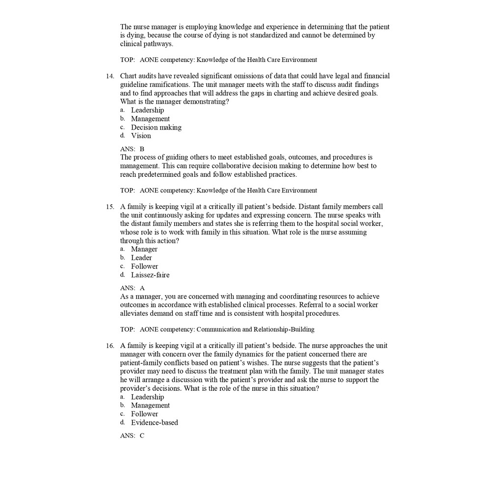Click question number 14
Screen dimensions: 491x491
[x=110, y=76]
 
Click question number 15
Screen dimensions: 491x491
[x=110, y=207]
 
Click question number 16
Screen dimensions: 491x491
[x=110, y=346]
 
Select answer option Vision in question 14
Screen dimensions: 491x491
[x=141, y=136]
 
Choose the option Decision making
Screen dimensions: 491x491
[x=156, y=128]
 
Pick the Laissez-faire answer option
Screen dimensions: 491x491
[x=150, y=275]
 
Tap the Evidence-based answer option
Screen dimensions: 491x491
[x=154, y=423]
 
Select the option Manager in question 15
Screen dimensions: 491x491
[x=144, y=249]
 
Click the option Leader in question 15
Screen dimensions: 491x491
[x=141, y=258]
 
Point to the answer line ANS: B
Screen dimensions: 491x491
[x=132, y=149]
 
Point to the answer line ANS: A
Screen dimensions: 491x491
[x=132, y=288]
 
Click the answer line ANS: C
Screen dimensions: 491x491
[x=132, y=436]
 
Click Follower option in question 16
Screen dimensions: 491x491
[x=144, y=414]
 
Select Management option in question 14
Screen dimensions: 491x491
[x=150, y=119]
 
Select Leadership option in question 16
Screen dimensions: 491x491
[x=147, y=397]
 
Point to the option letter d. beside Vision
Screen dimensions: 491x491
[x=123, y=136]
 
